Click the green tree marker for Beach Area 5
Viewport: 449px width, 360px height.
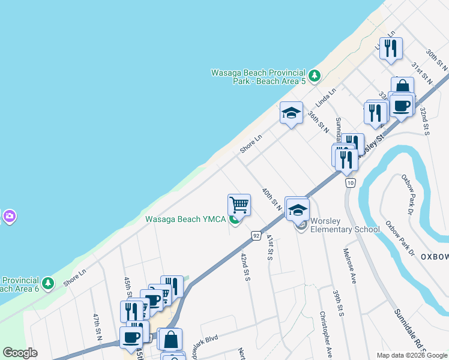click(x=315, y=76)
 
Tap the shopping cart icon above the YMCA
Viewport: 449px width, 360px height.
click(x=240, y=205)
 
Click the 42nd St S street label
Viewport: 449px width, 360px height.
click(x=245, y=266)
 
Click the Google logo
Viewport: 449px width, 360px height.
click(x=20, y=353)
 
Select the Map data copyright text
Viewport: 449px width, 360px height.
click(x=411, y=355)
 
